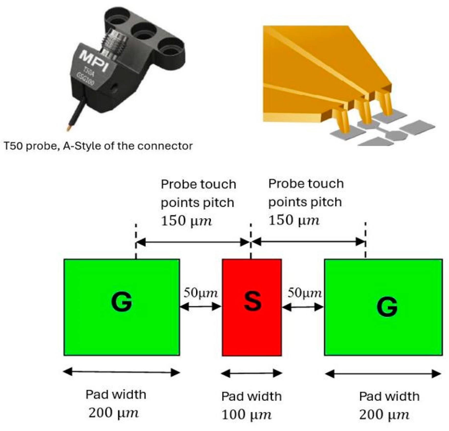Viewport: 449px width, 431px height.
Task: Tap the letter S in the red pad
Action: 252,301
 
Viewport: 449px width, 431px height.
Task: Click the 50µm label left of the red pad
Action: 200,293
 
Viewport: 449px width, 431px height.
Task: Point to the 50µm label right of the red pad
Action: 304,293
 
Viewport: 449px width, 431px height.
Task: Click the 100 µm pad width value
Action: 246,414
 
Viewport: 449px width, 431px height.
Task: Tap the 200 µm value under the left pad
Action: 114,412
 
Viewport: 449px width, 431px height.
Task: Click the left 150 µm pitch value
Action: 186,221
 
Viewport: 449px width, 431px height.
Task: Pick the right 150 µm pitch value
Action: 294,220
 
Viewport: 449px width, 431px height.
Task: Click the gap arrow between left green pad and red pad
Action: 200,306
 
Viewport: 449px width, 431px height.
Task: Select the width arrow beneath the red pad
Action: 252,373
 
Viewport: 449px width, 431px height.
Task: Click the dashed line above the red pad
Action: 251,241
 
